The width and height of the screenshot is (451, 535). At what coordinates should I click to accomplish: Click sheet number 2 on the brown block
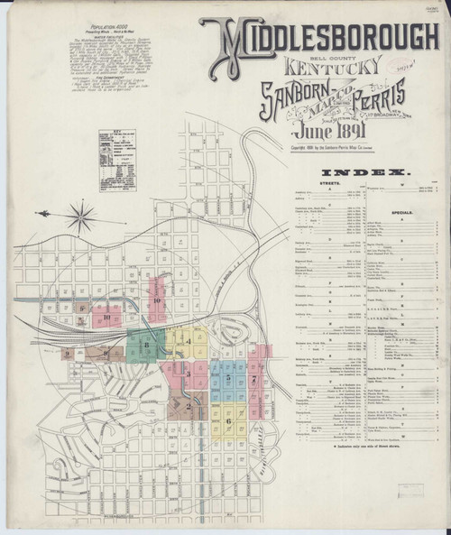pyautogui.click(x=189, y=407)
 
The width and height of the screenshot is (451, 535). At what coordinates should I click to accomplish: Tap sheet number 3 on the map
pyautogui.click(x=188, y=371)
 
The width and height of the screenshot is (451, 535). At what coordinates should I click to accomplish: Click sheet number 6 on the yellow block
pyautogui.click(x=229, y=420)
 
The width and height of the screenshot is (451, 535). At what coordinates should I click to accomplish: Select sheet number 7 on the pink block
pyautogui.click(x=255, y=379)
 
